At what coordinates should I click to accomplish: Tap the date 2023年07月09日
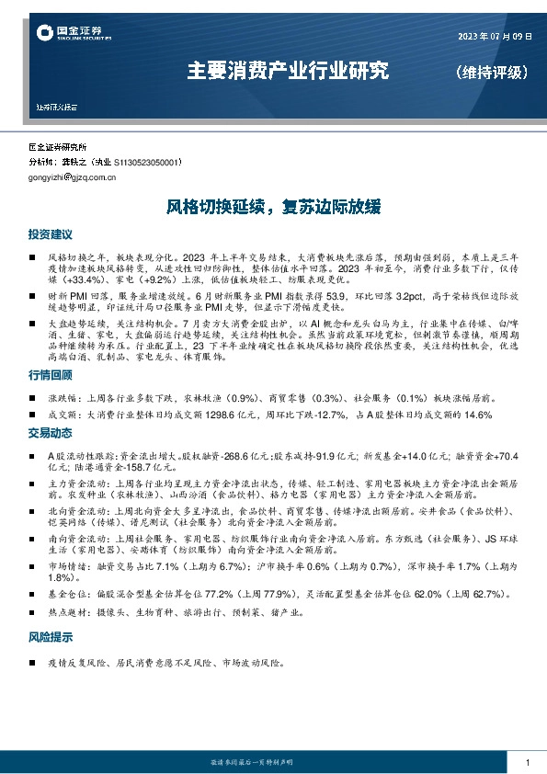(x=495, y=37)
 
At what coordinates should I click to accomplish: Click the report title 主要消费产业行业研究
(x=288, y=70)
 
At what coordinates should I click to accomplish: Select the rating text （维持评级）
(x=492, y=72)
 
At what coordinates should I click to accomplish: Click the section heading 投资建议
(x=50, y=235)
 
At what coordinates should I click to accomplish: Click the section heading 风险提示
(x=50, y=637)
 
